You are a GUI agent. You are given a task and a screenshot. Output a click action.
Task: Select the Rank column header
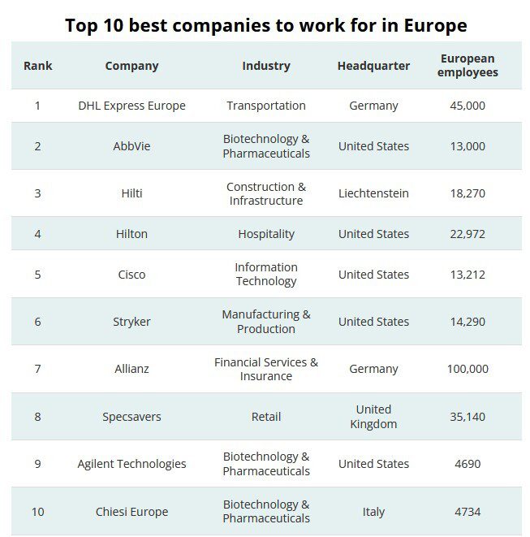37,66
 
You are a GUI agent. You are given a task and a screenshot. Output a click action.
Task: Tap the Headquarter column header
373,66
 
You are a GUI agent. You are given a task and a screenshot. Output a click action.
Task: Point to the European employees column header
468,66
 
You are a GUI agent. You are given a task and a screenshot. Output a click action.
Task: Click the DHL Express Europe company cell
131,106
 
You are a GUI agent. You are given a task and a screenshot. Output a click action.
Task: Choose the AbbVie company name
131,146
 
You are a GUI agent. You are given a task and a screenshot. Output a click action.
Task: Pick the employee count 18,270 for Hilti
468,193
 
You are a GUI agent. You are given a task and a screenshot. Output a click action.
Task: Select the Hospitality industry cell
266,234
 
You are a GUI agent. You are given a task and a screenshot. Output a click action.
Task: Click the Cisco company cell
131,275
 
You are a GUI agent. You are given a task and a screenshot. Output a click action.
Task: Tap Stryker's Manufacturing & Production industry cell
266,322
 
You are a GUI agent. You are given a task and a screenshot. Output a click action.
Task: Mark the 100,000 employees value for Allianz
468,369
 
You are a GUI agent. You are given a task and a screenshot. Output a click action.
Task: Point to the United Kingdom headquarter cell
373,416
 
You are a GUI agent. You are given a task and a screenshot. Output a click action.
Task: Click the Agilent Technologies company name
131,464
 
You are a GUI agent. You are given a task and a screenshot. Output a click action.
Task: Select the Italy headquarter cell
373,512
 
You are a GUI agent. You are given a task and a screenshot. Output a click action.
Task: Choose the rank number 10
37,512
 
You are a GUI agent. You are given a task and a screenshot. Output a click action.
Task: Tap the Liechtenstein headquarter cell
373,193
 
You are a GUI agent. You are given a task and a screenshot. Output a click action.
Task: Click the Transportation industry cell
266,106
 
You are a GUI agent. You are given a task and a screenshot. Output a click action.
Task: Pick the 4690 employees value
468,464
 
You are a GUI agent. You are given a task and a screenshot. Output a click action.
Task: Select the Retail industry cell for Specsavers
266,417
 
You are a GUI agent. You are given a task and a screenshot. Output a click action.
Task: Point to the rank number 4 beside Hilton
37,234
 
